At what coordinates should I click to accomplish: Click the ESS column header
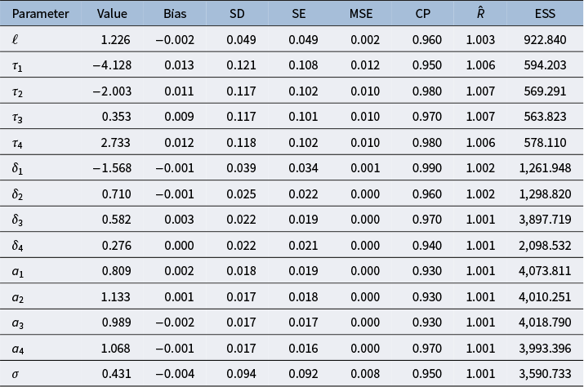(545, 14)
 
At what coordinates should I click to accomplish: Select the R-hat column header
(480, 13)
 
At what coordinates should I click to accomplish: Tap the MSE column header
(361, 14)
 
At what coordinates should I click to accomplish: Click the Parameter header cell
(40, 14)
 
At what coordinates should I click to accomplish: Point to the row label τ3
(17, 118)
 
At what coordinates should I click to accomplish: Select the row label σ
(16, 374)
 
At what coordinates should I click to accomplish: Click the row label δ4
(17, 246)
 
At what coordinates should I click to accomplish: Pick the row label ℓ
(15, 39)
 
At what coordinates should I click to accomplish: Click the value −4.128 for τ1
(112, 65)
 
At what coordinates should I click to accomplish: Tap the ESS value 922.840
(545, 39)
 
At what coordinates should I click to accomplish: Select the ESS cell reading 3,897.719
(545, 220)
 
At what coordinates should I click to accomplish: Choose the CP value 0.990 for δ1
(427, 168)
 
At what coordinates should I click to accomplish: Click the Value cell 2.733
(115, 143)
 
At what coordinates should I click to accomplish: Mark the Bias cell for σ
(175, 374)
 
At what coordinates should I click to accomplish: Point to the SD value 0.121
(241, 65)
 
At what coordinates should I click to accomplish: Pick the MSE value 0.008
(365, 374)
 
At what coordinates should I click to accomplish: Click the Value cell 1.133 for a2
(115, 297)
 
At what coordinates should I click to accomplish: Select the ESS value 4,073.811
(545, 271)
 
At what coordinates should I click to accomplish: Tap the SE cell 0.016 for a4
(303, 349)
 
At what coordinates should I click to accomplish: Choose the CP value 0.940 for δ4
(427, 246)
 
